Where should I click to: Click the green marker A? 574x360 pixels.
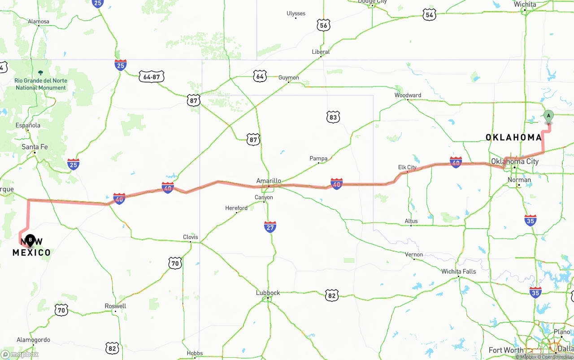tap(548, 117)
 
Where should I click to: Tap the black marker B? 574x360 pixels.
tap(30, 241)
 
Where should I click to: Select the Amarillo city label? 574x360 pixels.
tap(269, 181)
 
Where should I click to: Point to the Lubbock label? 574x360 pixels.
tap(268, 293)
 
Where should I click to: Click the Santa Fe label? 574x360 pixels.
tap(35, 147)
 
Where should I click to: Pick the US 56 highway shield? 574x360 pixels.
tap(324, 26)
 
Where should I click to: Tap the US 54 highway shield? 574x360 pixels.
tap(429, 15)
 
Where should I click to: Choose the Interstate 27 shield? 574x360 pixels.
tap(270, 227)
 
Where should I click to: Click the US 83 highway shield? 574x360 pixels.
tap(332, 117)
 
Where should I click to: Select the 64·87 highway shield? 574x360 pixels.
tap(151, 77)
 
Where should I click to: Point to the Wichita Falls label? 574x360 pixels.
tap(458, 272)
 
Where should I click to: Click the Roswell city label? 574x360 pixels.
tap(115, 306)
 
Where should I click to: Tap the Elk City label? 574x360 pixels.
tap(407, 167)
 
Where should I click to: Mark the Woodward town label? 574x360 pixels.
tap(408, 95)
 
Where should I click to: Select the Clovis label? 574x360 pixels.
tap(190, 237)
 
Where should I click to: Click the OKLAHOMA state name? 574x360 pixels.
tap(513, 137)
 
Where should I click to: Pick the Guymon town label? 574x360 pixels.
tap(288, 78)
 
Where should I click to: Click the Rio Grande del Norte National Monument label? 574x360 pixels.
tap(41, 84)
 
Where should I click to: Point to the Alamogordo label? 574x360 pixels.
tap(33, 340)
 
